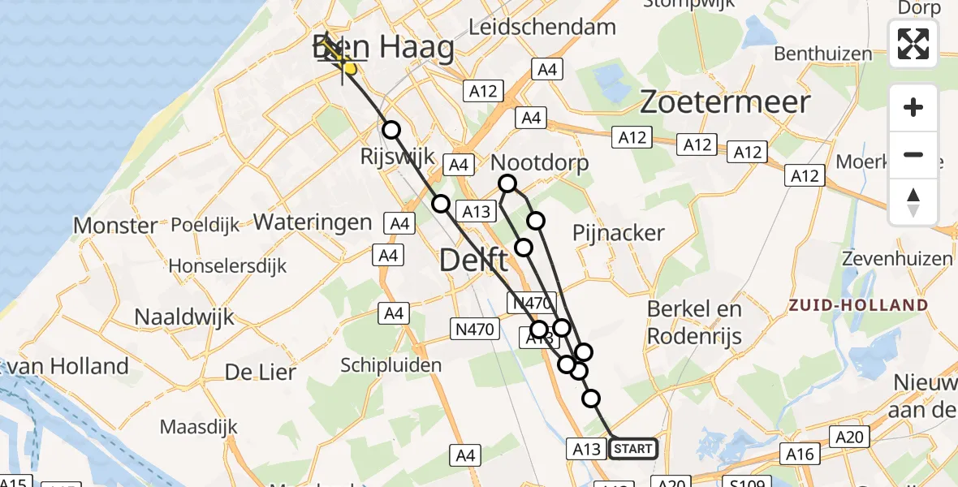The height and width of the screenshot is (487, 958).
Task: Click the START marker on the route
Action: pyautogui.click(x=633, y=449)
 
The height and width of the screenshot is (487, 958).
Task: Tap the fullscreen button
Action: pyautogui.click(x=913, y=44)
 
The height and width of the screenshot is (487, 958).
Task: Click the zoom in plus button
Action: pyautogui.click(x=913, y=107)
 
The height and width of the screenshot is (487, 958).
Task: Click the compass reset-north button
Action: pyautogui.click(x=913, y=202)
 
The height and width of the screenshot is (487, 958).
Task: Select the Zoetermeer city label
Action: pyautogui.click(x=725, y=102)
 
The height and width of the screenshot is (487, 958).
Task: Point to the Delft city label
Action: pyautogui.click(x=474, y=261)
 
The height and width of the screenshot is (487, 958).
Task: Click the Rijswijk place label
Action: pyautogui.click(x=399, y=156)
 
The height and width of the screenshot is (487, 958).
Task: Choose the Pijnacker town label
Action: pyautogui.click(x=619, y=233)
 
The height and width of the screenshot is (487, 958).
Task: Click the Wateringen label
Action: pyautogui.click(x=313, y=222)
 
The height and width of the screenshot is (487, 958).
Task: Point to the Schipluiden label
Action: pyautogui.click(x=391, y=364)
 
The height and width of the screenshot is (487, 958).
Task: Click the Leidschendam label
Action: pyautogui.click(x=542, y=28)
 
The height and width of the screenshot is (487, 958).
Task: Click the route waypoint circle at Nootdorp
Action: pyautogui.click(x=507, y=184)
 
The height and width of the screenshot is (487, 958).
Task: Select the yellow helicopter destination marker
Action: pyautogui.click(x=349, y=70)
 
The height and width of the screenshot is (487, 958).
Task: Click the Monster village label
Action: pyautogui.click(x=116, y=225)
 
